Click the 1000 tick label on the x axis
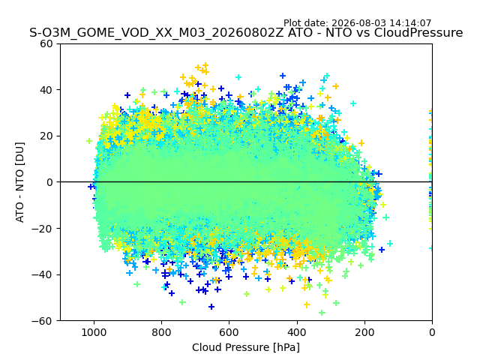[94, 332]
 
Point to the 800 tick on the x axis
[162, 332]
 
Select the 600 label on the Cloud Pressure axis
[229, 332]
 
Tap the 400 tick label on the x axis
[297, 332]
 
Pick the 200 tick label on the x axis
[364, 332]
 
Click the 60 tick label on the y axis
[46, 43]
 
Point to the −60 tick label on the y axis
[42, 321]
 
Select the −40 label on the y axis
[42, 274]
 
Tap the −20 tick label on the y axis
[42, 228]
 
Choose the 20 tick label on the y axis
[46, 136]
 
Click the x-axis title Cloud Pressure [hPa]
[246, 347]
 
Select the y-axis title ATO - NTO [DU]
[19, 182]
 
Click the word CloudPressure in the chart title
[418, 32]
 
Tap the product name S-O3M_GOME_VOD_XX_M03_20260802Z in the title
[157, 33]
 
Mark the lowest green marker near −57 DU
[322, 313]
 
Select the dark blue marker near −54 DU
[211, 307]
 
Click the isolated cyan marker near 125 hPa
[390, 243]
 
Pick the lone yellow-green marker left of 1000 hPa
[89, 141]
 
